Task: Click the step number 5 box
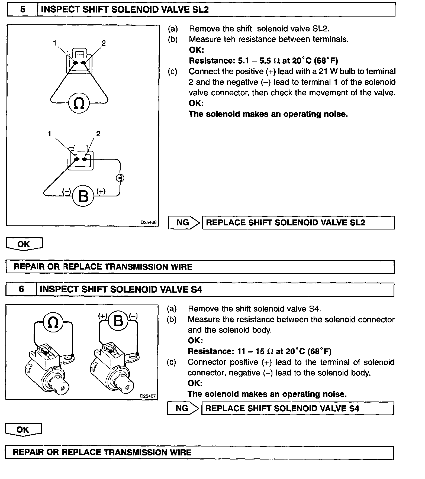(22, 9)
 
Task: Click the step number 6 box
(21, 289)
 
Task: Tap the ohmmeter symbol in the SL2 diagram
(79, 103)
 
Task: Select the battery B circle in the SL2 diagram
(83, 196)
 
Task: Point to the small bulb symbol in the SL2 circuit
(120, 178)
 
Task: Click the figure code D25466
(148, 222)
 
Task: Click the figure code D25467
(148, 396)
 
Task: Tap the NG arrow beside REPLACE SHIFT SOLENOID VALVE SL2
(184, 223)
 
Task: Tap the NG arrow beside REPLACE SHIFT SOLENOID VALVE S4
(183, 408)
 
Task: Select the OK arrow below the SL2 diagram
(24, 244)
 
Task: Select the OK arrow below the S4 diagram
(23, 429)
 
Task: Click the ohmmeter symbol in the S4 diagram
(53, 322)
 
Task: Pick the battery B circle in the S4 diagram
(118, 321)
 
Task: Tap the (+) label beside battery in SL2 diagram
(101, 191)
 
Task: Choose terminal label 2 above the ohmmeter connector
(104, 43)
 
